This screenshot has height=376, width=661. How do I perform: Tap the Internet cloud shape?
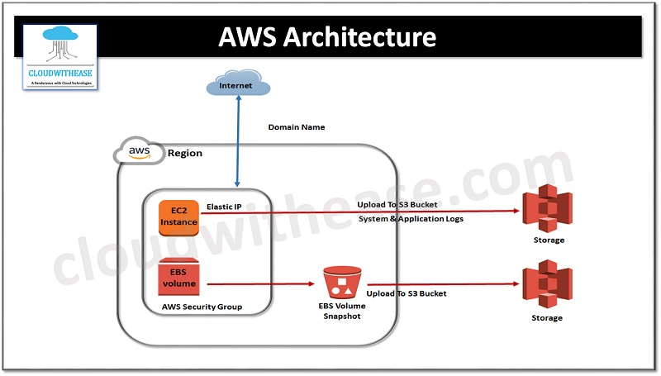point(236,85)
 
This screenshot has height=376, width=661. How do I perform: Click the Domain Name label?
point(297,127)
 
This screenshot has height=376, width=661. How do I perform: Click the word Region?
point(184,153)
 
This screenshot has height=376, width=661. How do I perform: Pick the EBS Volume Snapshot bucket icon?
point(343,283)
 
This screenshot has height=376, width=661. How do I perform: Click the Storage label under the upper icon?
point(549,240)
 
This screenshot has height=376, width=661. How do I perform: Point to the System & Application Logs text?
point(410,219)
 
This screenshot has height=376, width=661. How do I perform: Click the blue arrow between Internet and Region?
point(237,140)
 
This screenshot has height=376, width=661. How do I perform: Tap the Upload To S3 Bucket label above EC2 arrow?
point(397,204)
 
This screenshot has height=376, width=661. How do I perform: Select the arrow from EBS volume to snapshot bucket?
point(260,283)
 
